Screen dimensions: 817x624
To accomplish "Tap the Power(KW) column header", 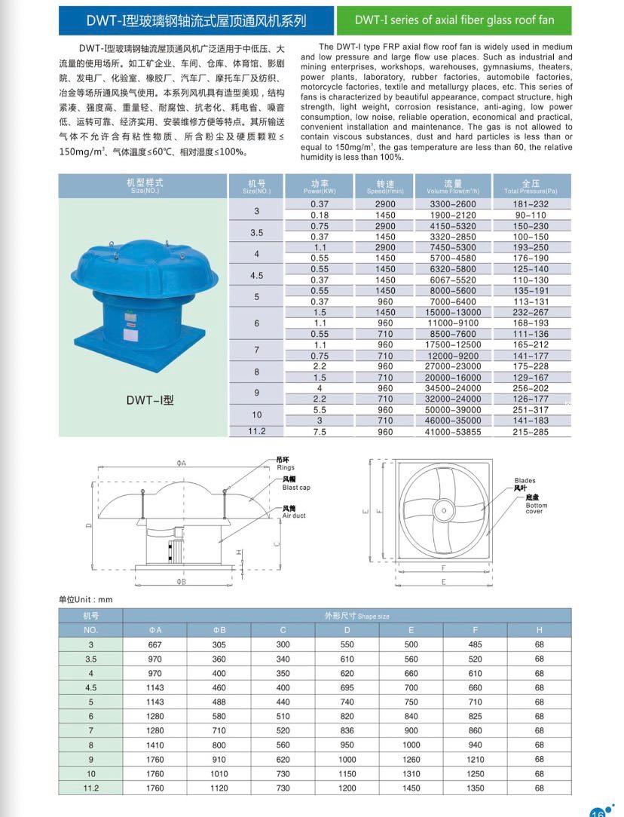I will [x=320, y=186].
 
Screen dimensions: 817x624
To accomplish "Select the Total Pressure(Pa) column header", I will [x=531, y=186].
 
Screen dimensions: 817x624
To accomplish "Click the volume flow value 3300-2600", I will [x=452, y=204].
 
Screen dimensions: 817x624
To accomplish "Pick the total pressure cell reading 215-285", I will [x=531, y=431].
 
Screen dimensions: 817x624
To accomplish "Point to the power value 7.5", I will [x=320, y=431].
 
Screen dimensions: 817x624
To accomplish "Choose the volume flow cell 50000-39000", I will [x=452, y=409].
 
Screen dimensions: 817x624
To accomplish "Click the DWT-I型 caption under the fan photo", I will [x=150, y=400].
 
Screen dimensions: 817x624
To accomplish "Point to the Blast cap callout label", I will [x=295, y=485].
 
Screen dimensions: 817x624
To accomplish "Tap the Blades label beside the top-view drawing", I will [x=525, y=481].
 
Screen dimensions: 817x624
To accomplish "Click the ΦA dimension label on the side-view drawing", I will [x=181, y=463].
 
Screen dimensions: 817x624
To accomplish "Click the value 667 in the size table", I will [x=155, y=644].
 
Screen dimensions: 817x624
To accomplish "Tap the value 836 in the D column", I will [x=347, y=730].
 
